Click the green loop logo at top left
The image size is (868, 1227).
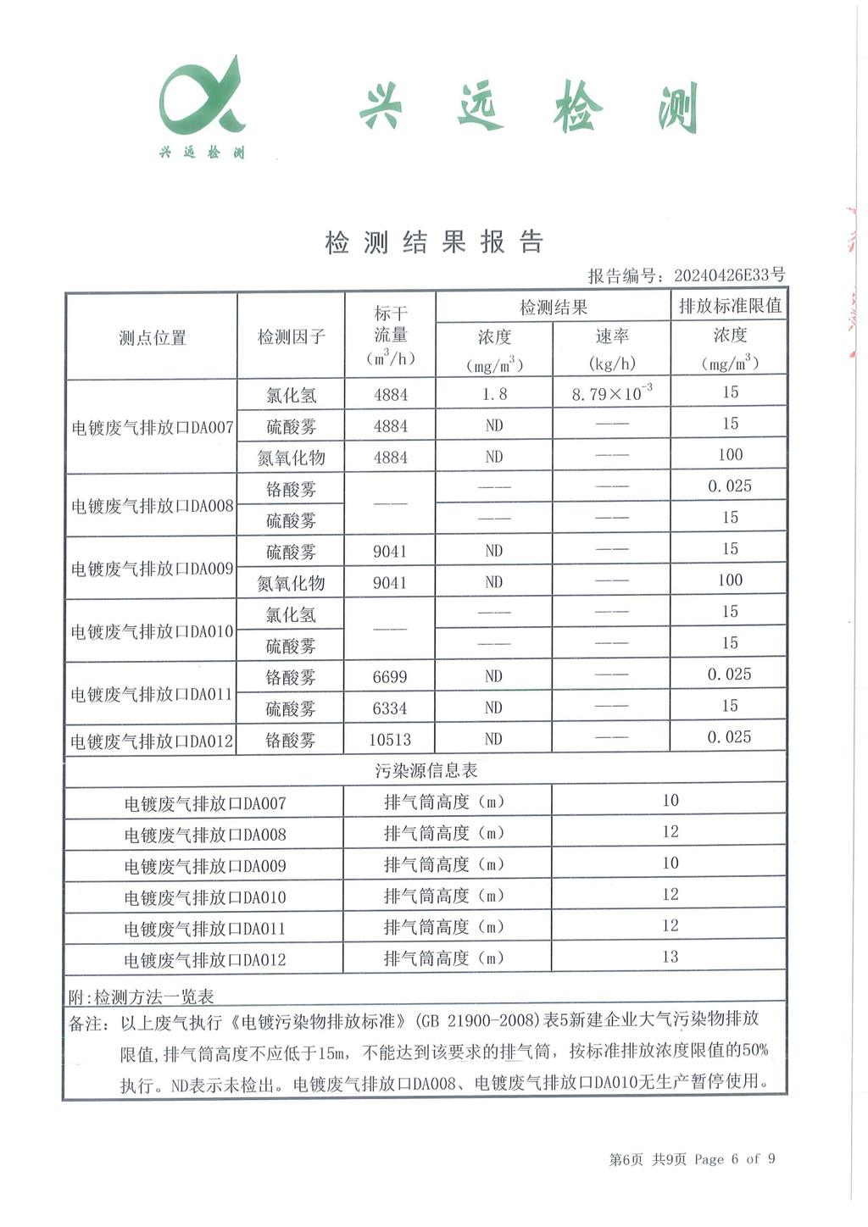(202, 100)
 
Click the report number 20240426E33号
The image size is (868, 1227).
(729, 275)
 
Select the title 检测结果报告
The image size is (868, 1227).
(434, 242)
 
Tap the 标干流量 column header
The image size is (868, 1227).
(390, 336)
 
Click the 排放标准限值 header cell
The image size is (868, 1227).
(729, 306)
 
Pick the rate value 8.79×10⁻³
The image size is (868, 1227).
(611, 394)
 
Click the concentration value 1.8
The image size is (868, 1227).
(494, 394)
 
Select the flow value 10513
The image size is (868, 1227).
(390, 740)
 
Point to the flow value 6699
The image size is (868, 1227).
(390, 677)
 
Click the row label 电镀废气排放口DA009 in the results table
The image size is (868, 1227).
(152, 569)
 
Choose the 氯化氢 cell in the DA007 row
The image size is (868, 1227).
(291, 395)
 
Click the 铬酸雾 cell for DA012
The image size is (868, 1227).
(291, 740)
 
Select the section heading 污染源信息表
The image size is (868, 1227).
(426, 770)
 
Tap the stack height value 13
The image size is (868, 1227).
(670, 957)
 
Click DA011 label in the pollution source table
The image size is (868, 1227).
(204, 929)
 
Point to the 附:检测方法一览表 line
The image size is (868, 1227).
(141, 997)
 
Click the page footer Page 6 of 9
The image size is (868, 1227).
(734, 1159)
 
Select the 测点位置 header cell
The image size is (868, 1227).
(152, 337)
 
